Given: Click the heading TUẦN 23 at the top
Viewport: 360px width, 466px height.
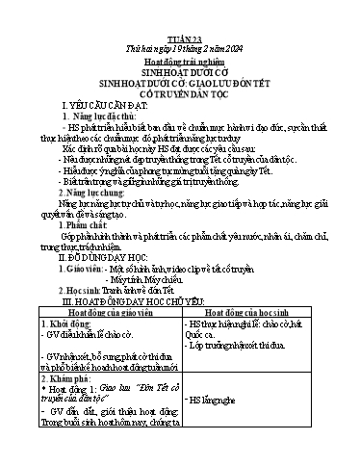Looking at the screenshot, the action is tap(180, 10).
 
